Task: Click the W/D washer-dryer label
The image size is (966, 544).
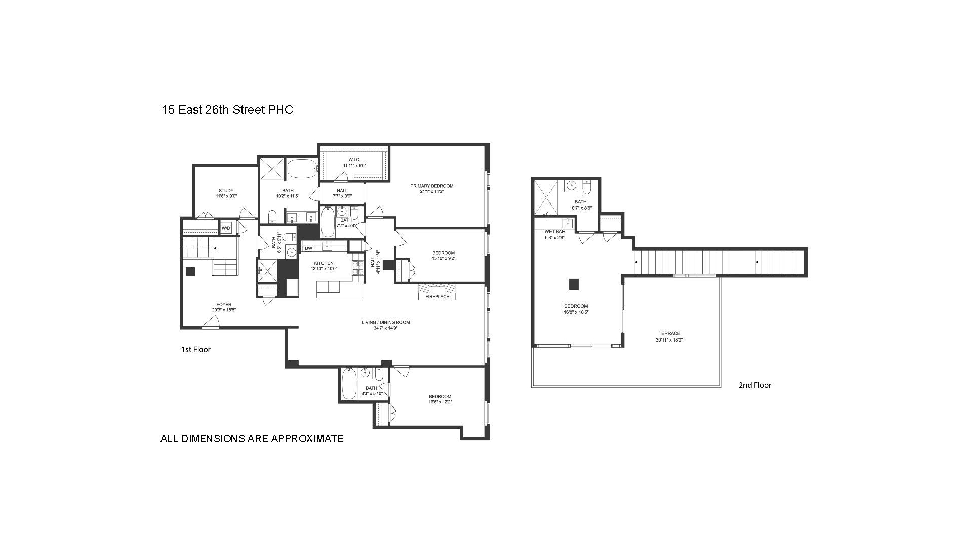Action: (x=226, y=228)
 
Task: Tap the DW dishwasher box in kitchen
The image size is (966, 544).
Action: (x=308, y=248)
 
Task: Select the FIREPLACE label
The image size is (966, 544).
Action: (x=437, y=297)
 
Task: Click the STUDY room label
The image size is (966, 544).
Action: (x=226, y=191)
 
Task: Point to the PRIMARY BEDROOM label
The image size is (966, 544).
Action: (x=431, y=186)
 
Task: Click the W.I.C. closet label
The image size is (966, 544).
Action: (x=355, y=160)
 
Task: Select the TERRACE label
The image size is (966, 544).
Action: (x=669, y=333)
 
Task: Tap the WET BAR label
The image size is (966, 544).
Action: (x=555, y=232)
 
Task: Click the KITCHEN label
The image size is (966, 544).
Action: (x=324, y=263)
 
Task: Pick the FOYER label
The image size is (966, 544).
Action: (x=224, y=305)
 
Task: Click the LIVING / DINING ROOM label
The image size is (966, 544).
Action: (x=385, y=322)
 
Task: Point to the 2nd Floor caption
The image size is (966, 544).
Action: (x=755, y=385)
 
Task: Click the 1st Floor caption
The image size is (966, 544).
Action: (x=196, y=349)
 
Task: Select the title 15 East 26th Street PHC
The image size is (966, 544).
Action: (x=227, y=110)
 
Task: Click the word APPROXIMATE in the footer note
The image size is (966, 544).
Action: (x=307, y=439)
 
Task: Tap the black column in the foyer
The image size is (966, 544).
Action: (x=190, y=271)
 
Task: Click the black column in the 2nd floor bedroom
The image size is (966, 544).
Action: (x=574, y=284)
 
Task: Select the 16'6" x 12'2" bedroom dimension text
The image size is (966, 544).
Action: (x=440, y=402)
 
